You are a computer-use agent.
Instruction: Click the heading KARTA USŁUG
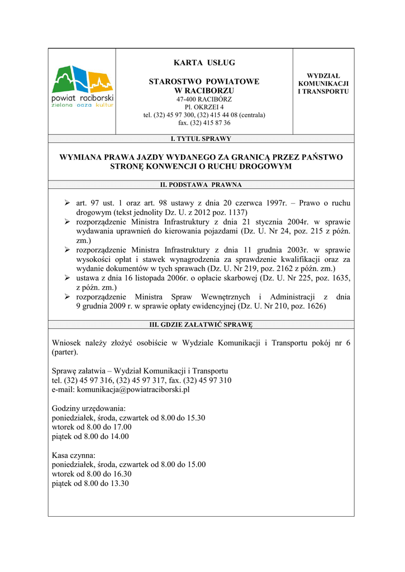[204, 63]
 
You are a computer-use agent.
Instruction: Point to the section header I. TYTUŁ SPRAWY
[201, 139]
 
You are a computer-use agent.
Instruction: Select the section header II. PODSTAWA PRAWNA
[201, 184]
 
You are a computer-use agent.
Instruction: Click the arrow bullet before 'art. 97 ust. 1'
[66, 203]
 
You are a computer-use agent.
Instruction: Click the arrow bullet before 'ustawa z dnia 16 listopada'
[66, 278]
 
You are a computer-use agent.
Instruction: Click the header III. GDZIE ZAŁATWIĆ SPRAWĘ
[201, 324]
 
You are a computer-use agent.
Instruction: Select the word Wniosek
[66, 343]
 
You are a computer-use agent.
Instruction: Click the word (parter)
[65, 352]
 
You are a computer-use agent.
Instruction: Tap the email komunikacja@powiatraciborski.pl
[133, 389]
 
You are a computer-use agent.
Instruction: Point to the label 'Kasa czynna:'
[74, 455]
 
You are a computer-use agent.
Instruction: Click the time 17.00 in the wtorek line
[122, 427]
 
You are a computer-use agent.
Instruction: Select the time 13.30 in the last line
[119, 483]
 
